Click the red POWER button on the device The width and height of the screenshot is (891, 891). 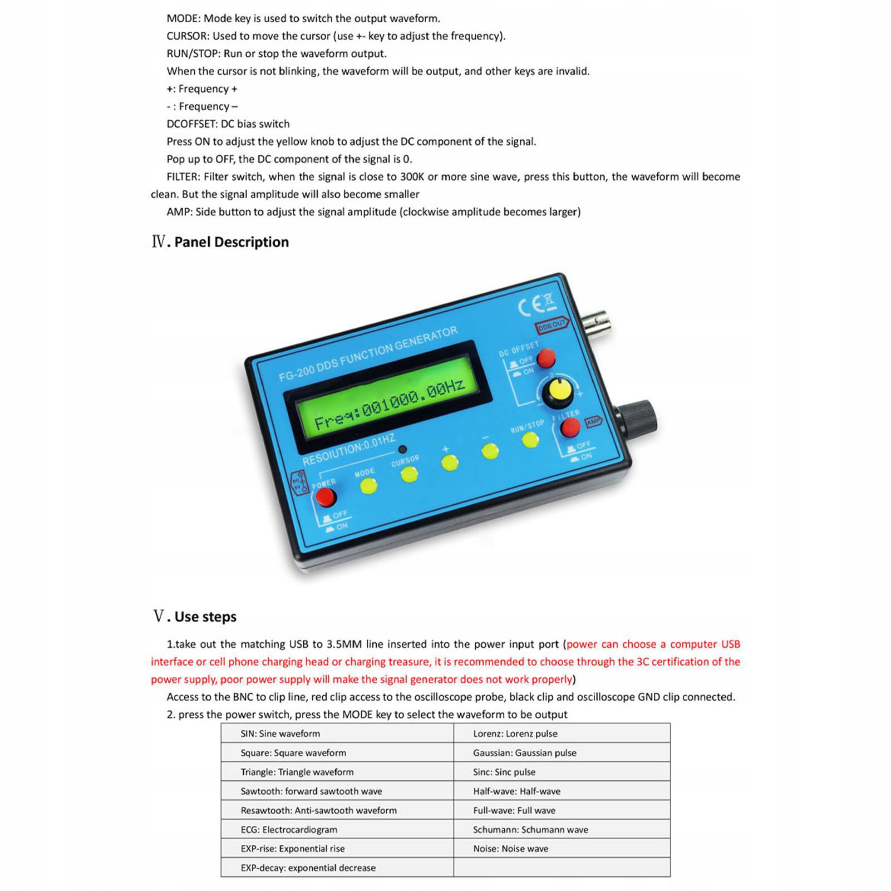tap(324, 497)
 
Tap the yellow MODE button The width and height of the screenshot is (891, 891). tap(368, 485)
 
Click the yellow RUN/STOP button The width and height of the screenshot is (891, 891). tap(530, 440)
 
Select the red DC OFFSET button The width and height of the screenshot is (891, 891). tap(546, 358)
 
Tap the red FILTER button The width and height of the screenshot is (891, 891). tap(570, 427)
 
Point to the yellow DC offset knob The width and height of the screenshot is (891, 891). tap(557, 392)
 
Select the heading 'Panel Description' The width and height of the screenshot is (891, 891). tap(231, 242)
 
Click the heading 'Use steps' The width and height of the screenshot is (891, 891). tap(205, 617)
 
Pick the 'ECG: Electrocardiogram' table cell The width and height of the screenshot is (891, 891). tap(289, 830)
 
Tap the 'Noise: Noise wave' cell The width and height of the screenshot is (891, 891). tap(510, 849)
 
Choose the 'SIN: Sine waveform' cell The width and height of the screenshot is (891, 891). tap(280, 734)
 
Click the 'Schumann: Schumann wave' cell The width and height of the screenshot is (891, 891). tap(530, 830)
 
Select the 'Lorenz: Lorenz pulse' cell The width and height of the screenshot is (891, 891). tap(515, 734)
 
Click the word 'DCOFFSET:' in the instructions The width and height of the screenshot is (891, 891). tap(192, 124)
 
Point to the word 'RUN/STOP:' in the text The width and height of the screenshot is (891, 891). tap(193, 54)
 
